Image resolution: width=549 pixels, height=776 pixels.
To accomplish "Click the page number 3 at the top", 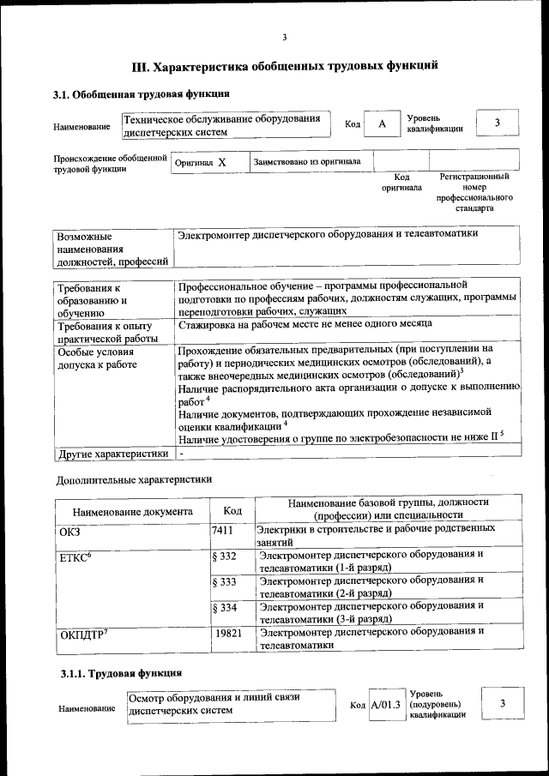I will pyautogui.click(x=284, y=36).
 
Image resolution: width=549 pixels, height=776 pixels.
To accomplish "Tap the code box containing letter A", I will pyautogui.click(x=383, y=124).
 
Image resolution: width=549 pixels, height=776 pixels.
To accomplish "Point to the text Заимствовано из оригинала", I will pyautogui.click(x=306, y=161).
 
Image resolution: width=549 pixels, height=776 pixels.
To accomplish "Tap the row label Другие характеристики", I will pyautogui.click(x=112, y=454).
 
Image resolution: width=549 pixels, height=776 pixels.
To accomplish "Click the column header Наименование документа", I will pyautogui.click(x=132, y=512).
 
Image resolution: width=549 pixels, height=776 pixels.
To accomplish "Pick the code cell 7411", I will pyautogui.click(x=222, y=531).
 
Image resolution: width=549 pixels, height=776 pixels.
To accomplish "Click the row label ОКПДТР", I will pyautogui.click(x=84, y=635).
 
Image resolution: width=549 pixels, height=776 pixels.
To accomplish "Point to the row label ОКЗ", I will pyautogui.click(x=69, y=532).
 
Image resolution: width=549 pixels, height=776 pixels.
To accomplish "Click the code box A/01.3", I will pyautogui.click(x=385, y=705).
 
